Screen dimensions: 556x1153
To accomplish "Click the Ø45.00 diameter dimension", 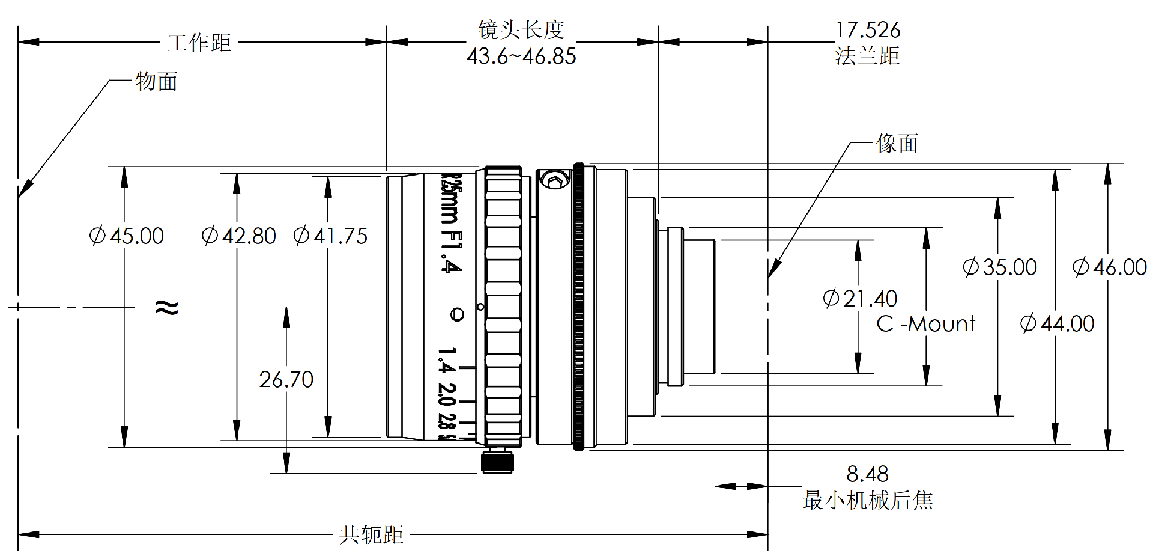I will [127, 236].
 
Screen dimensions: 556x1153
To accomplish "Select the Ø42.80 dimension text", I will [239, 236].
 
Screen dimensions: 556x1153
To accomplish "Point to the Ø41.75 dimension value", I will [330, 236].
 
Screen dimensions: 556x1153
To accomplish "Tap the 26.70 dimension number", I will [286, 379].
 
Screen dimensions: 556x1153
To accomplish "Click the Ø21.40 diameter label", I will [860, 298].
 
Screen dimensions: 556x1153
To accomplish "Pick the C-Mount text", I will [926, 324].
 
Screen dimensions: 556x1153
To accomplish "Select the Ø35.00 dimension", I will [1000, 267].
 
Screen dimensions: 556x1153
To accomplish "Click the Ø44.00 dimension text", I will [1057, 324].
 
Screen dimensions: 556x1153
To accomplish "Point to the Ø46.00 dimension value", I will [1110, 267].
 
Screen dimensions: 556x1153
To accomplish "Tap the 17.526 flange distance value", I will [868, 30].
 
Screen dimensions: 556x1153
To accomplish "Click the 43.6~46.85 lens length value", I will [521, 57].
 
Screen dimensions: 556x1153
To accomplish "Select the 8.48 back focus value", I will [867, 474].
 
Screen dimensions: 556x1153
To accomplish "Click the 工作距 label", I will [199, 43].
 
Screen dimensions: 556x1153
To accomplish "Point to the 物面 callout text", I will [156, 81].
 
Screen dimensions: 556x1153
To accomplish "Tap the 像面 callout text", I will [897, 144].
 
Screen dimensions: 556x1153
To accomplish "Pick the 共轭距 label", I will [371, 534].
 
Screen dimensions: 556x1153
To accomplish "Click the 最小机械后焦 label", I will [868, 500].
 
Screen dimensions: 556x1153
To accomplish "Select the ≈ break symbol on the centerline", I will [167, 308].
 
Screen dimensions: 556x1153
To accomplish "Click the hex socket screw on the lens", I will [554, 179].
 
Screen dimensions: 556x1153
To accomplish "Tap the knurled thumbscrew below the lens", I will [498, 462].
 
